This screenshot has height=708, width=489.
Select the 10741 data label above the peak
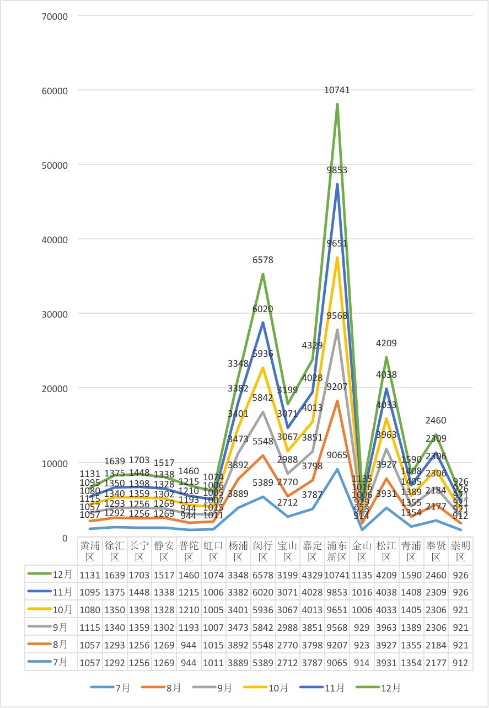[337, 90]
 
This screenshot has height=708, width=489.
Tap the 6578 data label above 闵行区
[263, 260]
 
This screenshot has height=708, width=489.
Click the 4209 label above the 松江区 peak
[386, 344]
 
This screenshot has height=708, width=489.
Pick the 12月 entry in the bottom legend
[384, 688]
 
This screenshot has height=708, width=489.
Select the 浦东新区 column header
[337, 551]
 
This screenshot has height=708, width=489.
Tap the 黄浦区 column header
[90, 551]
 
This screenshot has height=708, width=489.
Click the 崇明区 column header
[460, 551]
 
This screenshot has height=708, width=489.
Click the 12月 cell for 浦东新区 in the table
[337, 575]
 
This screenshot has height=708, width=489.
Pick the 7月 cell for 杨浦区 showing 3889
[238, 662]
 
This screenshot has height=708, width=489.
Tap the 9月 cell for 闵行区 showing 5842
[263, 627]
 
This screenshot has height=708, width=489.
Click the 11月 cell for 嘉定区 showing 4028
[312, 592]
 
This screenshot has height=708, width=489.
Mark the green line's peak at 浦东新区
[337, 104]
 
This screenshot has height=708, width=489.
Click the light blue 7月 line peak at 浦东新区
[337, 469]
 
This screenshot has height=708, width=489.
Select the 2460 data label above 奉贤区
[436, 421]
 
